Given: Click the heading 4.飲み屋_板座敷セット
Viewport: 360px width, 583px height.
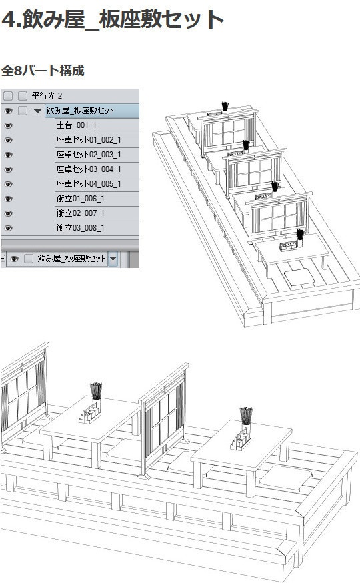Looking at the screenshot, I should tap(112, 20).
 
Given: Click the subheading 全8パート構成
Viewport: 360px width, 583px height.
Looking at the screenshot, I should tap(43, 70).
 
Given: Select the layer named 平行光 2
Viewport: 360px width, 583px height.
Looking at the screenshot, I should tap(47, 96).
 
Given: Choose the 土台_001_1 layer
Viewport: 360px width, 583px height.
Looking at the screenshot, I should tap(77, 125).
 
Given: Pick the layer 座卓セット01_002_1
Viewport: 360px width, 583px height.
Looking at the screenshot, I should tap(88, 140).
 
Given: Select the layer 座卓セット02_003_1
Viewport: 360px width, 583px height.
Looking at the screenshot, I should tap(88, 155).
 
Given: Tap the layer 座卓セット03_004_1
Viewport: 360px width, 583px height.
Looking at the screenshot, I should tap(88, 169).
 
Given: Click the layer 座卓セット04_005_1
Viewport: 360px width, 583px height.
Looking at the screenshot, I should tap(88, 184).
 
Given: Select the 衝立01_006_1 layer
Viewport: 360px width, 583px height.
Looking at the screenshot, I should tap(81, 199).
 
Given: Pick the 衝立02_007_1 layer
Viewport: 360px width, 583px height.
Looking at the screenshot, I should tap(81, 213).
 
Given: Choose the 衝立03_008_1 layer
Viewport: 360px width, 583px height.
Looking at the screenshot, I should tap(81, 228).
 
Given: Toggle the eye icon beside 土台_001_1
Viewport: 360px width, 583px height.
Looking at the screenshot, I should tap(9, 125).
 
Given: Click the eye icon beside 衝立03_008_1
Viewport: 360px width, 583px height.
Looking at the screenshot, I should tap(9, 228).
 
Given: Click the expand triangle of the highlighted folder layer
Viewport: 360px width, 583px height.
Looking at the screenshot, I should tap(37, 111).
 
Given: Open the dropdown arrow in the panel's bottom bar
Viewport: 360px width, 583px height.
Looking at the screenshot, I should tap(113, 259).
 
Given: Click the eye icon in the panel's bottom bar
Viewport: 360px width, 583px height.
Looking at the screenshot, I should tap(14, 259).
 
